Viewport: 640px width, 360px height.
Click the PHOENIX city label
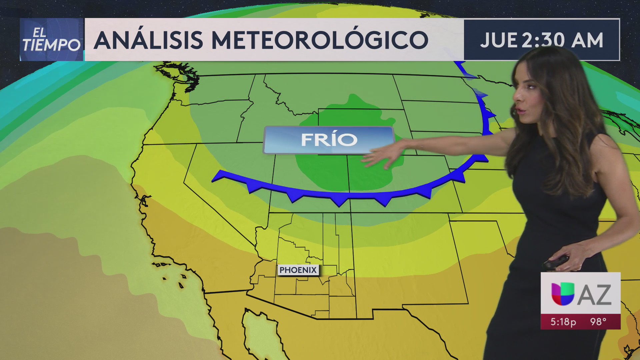click(x=298, y=270)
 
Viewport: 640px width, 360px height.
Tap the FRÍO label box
click(x=329, y=140)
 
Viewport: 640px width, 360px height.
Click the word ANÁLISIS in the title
click(x=148, y=40)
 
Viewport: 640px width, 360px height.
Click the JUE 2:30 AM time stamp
click(x=541, y=40)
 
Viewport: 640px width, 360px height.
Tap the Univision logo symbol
click(x=562, y=294)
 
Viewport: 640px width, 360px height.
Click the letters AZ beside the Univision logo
click(x=594, y=295)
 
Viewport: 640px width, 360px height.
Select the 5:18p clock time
click(x=563, y=322)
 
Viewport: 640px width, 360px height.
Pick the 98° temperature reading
click(x=598, y=322)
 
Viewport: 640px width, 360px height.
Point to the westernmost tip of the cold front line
click(x=213, y=180)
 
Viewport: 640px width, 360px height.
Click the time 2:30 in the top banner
click(x=543, y=40)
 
